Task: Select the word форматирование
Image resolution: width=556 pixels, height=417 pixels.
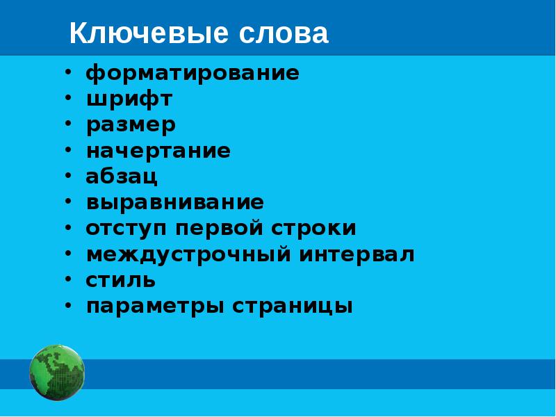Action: pyautogui.click(x=193, y=73)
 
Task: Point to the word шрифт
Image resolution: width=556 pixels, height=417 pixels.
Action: pyautogui.click(x=129, y=99)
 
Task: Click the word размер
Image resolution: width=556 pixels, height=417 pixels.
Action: pyautogui.click(x=131, y=125)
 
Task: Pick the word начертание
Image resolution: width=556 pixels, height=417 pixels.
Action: pyautogui.click(x=158, y=151)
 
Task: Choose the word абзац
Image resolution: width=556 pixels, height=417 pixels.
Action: pyautogui.click(x=122, y=177)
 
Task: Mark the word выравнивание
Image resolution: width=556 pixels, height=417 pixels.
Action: pyautogui.click(x=175, y=202)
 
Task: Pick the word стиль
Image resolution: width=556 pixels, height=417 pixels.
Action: pyautogui.click(x=121, y=280)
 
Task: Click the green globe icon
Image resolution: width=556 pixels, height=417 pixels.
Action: pyautogui.click(x=57, y=373)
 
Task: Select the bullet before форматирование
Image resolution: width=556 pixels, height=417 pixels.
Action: pyautogui.click(x=69, y=72)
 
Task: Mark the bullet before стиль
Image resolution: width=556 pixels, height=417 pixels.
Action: pyautogui.click(x=69, y=279)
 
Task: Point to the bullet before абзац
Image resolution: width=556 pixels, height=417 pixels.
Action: pyautogui.click(x=69, y=176)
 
